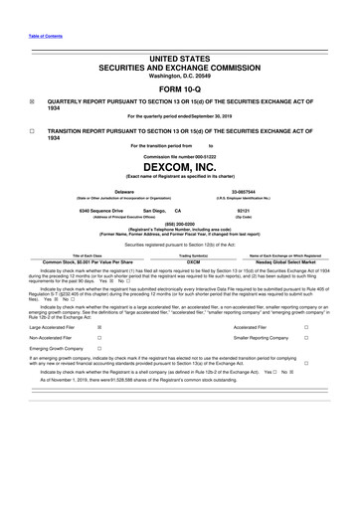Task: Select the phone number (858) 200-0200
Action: pos(180,225)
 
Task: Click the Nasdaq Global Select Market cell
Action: pos(288,260)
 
